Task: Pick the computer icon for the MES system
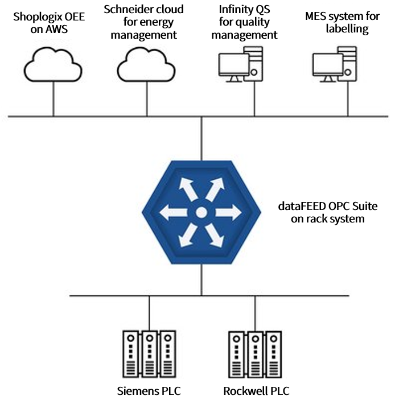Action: (336, 64)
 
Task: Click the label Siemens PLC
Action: (149, 391)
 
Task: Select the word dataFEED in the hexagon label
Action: (298, 206)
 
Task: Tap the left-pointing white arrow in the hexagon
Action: (173, 213)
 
